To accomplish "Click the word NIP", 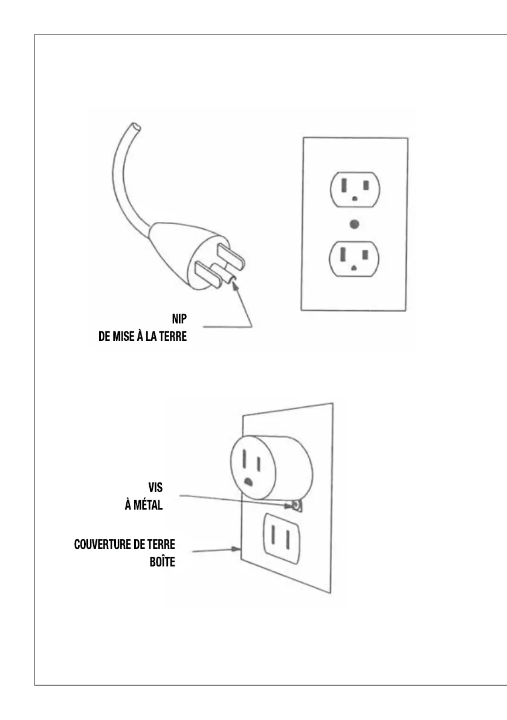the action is pos(178,319).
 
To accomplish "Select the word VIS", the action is pos(156,487).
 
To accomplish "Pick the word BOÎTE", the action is pos(162,563).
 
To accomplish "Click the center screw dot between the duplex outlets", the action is pos(355,224).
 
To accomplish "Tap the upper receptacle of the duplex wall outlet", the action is pos(355,189).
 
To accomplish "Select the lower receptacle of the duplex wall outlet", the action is pos(355,258).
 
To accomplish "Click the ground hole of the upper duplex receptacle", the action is pos(355,198).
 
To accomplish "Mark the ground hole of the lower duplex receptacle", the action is pos(355,267).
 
